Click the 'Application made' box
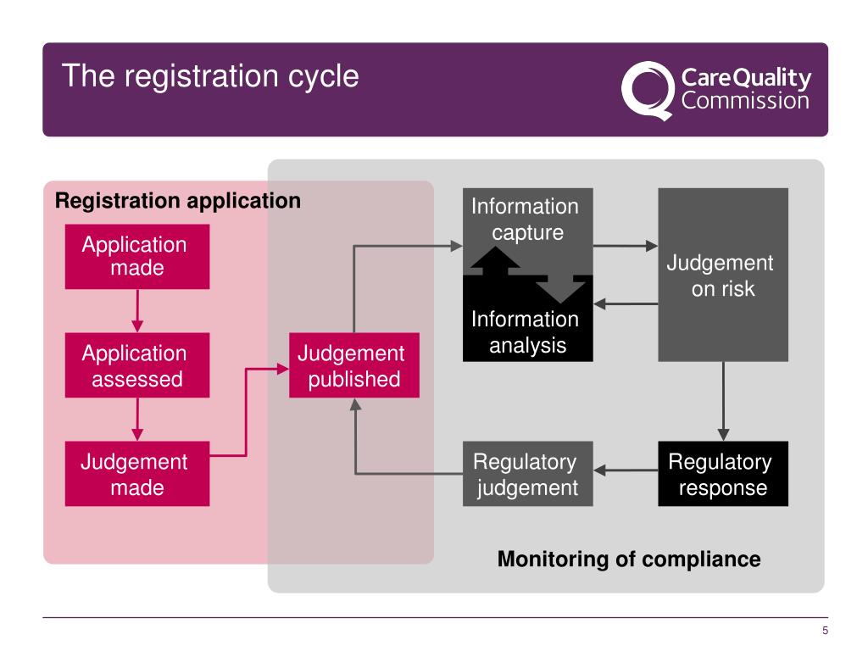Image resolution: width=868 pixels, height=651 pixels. click(136, 257)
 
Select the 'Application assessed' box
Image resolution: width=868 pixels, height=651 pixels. click(136, 365)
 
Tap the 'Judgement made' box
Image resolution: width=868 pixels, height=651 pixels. click(136, 474)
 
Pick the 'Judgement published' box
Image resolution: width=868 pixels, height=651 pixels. click(354, 365)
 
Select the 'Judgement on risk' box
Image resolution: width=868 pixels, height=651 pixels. click(723, 275)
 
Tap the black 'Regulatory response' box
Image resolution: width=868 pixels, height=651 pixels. click(723, 474)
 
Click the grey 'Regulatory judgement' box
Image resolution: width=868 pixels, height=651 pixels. click(527, 474)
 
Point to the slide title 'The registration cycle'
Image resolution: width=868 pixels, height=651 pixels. click(210, 76)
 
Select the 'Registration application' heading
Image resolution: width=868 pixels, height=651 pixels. click(178, 201)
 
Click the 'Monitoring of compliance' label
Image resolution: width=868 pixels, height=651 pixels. click(629, 559)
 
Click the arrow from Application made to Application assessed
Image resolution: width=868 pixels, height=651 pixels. click(137, 311)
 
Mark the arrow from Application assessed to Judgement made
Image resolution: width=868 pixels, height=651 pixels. click(137, 420)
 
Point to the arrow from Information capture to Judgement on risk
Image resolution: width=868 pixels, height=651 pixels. click(626, 247)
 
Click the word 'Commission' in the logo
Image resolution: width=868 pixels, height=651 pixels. click(746, 101)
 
